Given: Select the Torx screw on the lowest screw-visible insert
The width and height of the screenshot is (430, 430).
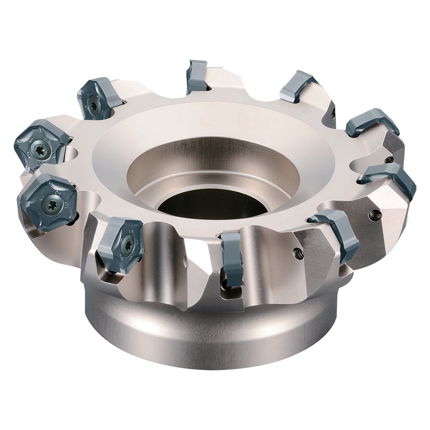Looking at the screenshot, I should [127, 241].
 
